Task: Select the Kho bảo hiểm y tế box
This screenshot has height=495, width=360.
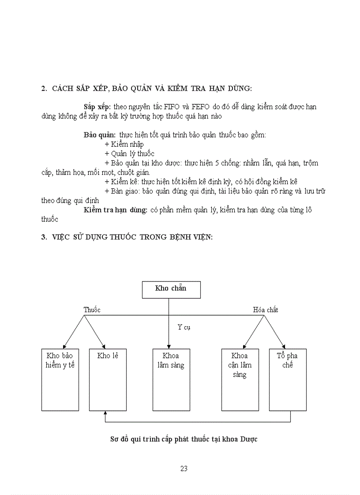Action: pyautogui.click(x=60, y=379)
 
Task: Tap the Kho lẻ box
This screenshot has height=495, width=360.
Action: pyautogui.click(x=108, y=379)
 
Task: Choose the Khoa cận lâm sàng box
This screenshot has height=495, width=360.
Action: pyautogui.click(x=240, y=379)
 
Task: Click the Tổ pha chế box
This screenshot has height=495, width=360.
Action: pyautogui.click(x=288, y=379)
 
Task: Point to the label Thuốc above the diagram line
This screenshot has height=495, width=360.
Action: pyautogui.click(x=92, y=310)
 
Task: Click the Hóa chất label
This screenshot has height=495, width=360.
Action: pyautogui.click(x=266, y=310)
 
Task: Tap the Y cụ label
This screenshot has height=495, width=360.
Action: pyautogui.click(x=184, y=327)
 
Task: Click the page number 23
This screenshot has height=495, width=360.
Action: pyautogui.click(x=184, y=469)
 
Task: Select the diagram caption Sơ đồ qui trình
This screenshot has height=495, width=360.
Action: pyautogui.click(x=184, y=439)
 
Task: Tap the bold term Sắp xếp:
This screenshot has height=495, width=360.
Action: pyautogui.click(x=97, y=107)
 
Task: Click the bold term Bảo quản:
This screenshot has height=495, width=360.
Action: pyautogui.click(x=100, y=134)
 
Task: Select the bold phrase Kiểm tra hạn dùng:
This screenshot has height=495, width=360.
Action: pyautogui.click(x=116, y=210)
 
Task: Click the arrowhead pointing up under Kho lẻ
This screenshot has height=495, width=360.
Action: pyautogui.click(x=105, y=413)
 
